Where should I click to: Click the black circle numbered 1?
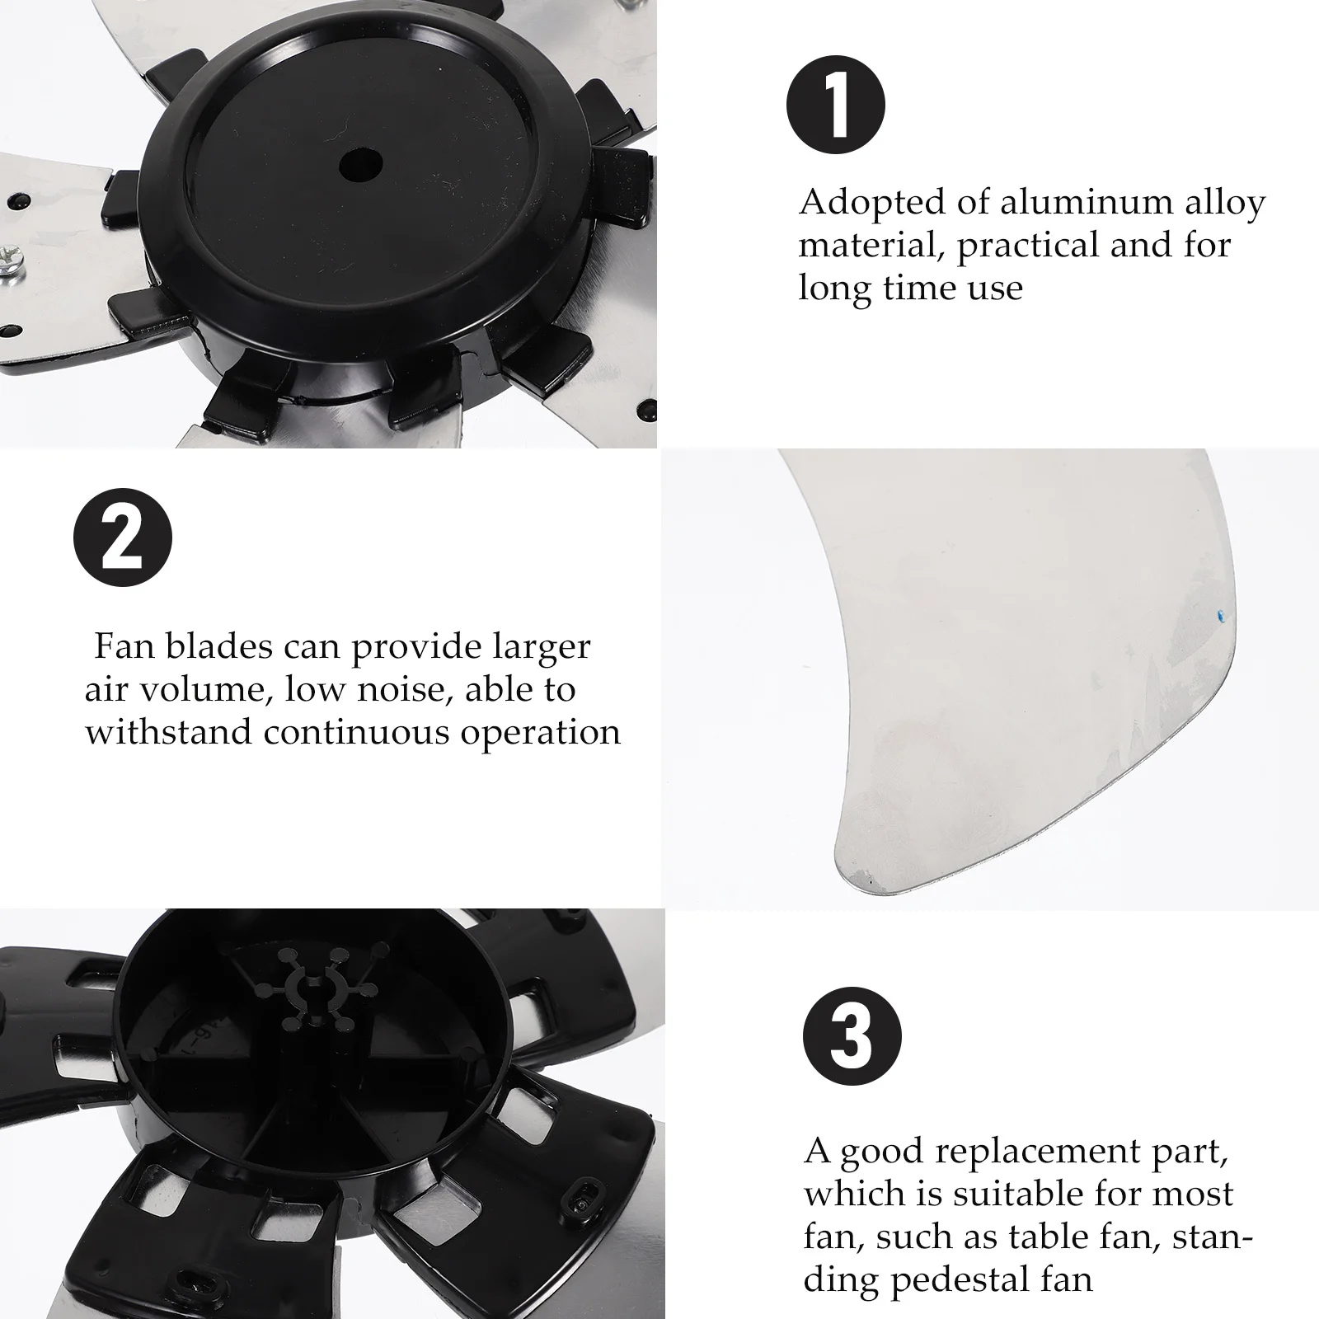pyautogui.click(x=836, y=106)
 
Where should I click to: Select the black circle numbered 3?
pyautogui.click(x=852, y=1036)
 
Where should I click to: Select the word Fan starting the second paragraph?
pyautogui.click(x=124, y=646)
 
